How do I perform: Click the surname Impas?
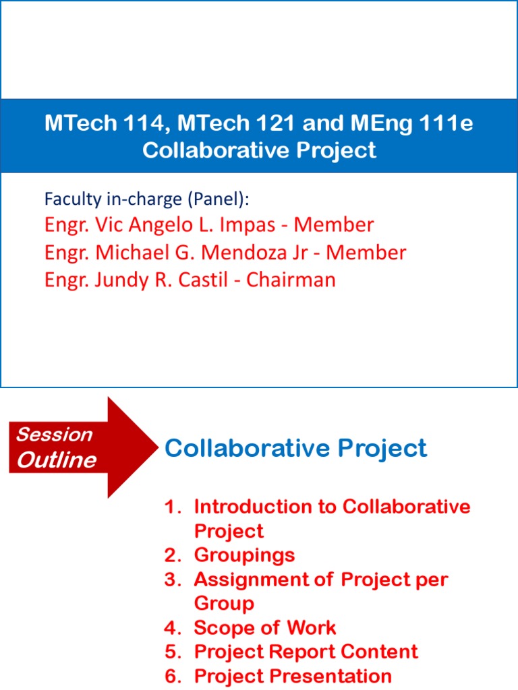click(x=249, y=224)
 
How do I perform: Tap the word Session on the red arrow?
click(x=54, y=435)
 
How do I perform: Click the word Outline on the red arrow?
click(x=57, y=460)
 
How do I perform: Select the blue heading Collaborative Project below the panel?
click(x=295, y=448)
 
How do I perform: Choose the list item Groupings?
click(x=244, y=555)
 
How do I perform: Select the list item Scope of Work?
click(x=264, y=628)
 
